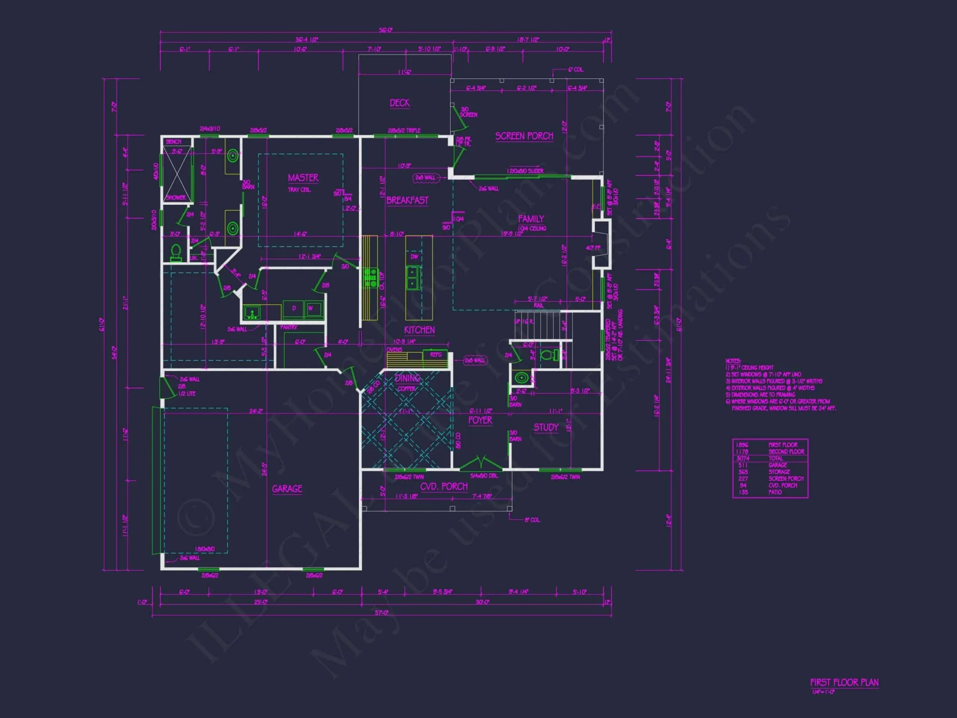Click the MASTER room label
[303, 178]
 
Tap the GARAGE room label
[287, 489]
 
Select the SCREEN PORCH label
[524, 136]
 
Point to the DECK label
[400, 103]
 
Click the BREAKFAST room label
[407, 200]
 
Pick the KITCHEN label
[419, 330]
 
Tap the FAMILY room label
[531, 219]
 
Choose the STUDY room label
[546, 427]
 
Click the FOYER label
[480, 420]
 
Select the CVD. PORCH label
[444, 486]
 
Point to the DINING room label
[407, 378]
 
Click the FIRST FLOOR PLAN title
[844, 683]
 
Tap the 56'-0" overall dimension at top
[386, 30]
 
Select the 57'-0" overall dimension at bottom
[381, 613]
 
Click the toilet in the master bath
[176, 253]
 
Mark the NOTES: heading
[733, 361]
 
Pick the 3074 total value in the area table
[743, 458]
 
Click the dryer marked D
[294, 308]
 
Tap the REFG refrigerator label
[435, 355]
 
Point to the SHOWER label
[176, 197]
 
